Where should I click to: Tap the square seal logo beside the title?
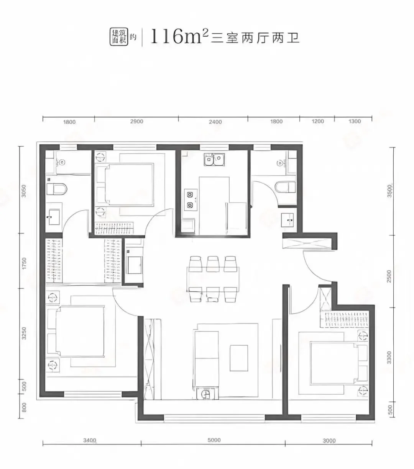pos(118,38)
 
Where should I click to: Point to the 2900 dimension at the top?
pos(136,122)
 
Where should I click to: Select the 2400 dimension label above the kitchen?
pos(215,122)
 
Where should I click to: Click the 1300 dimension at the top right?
pos(355,121)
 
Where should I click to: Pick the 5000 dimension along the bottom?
pos(214,440)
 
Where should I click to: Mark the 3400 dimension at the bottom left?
pos(90,441)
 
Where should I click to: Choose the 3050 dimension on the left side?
pos(24,191)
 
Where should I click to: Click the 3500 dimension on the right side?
pos(389,191)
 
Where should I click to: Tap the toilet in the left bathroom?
pos(56,189)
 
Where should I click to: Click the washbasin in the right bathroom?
pos(287,220)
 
